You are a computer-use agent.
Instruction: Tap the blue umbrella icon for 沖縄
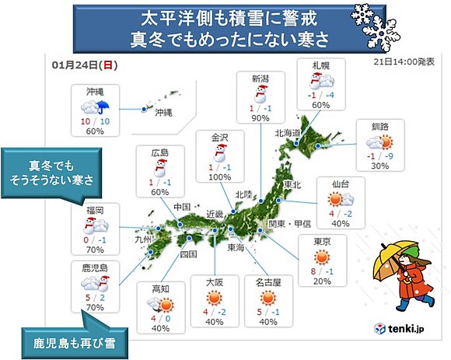coord(103,110)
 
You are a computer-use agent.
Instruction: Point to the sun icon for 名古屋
coord(269,297)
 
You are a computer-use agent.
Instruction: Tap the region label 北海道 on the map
coord(287,133)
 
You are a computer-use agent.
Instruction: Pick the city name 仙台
coord(339,184)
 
